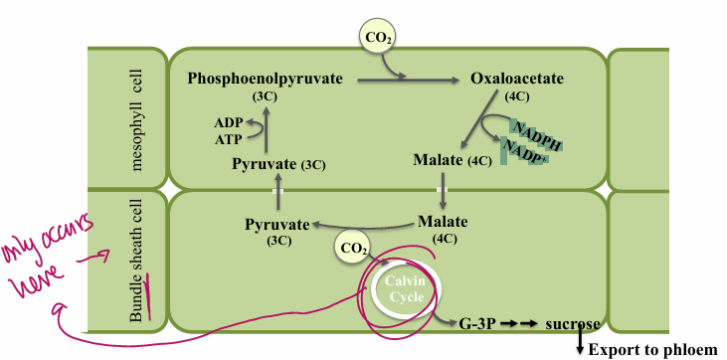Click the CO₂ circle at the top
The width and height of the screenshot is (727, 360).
(x=378, y=39)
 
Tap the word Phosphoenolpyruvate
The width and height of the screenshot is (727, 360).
(x=264, y=77)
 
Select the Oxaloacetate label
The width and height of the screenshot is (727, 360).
(x=516, y=77)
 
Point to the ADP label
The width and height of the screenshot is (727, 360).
(x=228, y=122)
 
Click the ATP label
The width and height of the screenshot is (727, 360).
(x=228, y=139)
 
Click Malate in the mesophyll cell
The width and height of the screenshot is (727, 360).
(x=439, y=160)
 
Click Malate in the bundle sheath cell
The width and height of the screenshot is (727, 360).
(x=444, y=221)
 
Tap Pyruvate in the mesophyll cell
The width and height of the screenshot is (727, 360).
(x=264, y=162)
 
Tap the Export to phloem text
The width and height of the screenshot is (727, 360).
(x=652, y=349)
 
